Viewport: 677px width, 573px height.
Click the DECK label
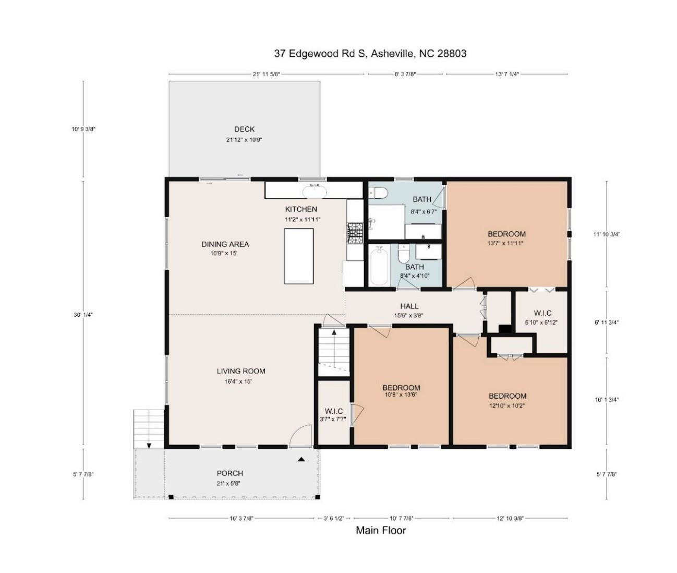click(244, 129)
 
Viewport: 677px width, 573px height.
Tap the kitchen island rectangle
click(299, 256)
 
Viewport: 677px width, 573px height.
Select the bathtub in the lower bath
click(379, 266)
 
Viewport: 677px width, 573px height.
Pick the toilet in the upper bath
click(379, 193)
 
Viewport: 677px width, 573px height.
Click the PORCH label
click(230, 473)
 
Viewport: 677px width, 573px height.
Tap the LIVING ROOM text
click(241, 372)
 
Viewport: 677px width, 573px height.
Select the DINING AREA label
click(225, 244)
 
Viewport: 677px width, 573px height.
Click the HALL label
click(409, 306)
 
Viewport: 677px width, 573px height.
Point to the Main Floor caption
click(381, 531)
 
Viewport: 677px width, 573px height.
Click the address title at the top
click(370, 53)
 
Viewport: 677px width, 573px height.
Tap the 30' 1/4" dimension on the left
click(83, 315)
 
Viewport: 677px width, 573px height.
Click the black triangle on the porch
click(301, 459)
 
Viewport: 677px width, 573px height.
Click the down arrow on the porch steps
click(149, 445)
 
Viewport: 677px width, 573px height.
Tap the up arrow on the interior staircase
click(334, 332)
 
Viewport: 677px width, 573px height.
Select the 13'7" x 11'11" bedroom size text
click(506, 243)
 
